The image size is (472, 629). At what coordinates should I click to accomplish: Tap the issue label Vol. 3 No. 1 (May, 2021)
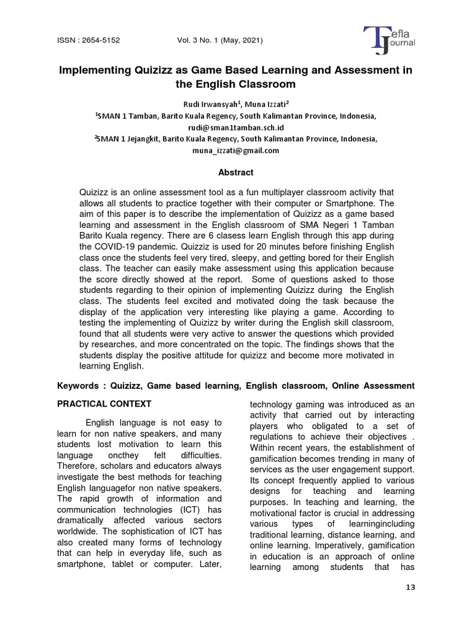[x=219, y=41]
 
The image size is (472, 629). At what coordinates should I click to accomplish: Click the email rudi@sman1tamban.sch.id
[x=235, y=127]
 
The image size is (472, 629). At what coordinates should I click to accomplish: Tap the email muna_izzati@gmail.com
[x=235, y=150]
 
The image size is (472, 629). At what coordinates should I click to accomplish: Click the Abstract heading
[x=236, y=173]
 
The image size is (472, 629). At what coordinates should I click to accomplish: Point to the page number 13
[x=411, y=587]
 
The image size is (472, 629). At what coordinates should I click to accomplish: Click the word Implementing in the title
[x=96, y=70]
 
